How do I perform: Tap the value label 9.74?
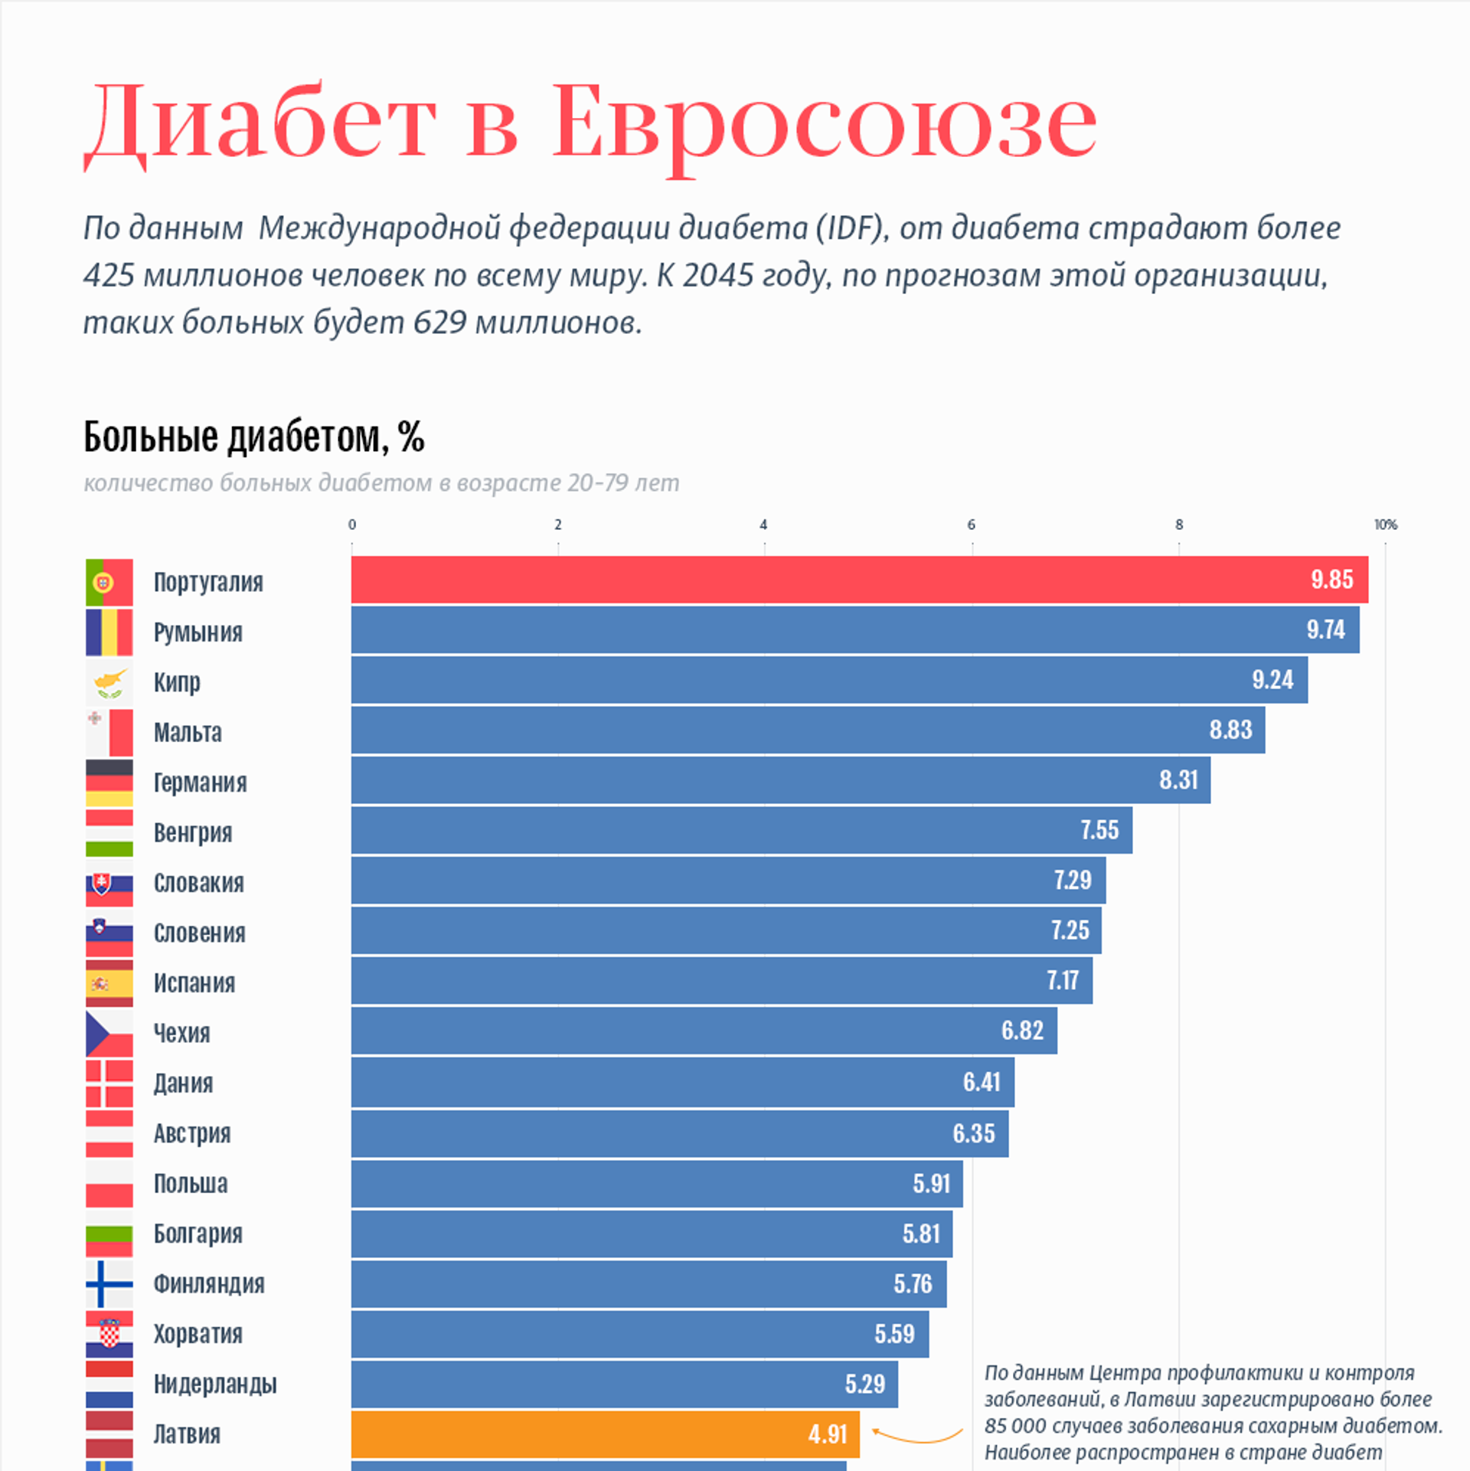1325,629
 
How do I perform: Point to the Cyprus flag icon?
109,682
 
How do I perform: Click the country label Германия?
200,783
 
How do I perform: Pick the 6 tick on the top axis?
971,525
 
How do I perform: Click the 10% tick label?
1385,525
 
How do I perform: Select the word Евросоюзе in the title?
824,123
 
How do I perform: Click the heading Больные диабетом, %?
253,437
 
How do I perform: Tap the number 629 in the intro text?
439,322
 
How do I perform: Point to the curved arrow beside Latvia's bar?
916,1436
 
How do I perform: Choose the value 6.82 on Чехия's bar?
1022,1031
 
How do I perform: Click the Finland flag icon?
109,1284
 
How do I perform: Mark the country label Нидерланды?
215,1384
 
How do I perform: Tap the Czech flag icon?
109,1034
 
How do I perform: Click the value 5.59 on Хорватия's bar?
894,1334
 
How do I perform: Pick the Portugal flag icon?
109,583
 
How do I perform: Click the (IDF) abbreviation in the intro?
852,228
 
